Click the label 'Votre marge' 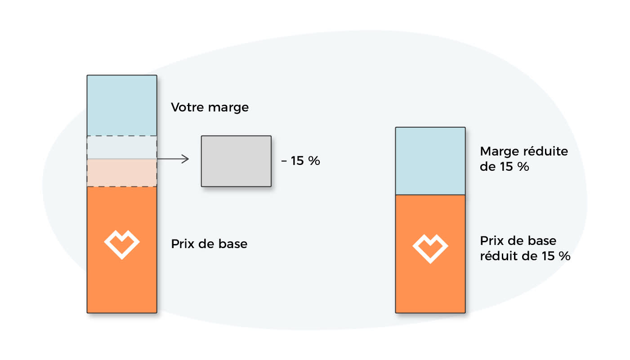(x=210, y=107)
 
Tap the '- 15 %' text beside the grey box (x=301, y=161)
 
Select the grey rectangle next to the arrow (x=236, y=161)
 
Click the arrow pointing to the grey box (x=173, y=159)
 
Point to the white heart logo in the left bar (x=122, y=245)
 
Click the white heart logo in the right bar (x=430, y=249)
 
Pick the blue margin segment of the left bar (x=122, y=105)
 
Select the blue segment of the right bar (x=430, y=161)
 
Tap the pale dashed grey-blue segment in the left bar (x=122, y=147)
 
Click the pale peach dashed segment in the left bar (x=122, y=173)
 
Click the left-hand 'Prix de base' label (x=209, y=244)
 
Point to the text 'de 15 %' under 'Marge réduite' (x=505, y=167)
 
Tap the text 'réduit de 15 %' (x=525, y=256)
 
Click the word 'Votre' (x=188, y=107)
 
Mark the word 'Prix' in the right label (x=492, y=241)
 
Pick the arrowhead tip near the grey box (x=189, y=159)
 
